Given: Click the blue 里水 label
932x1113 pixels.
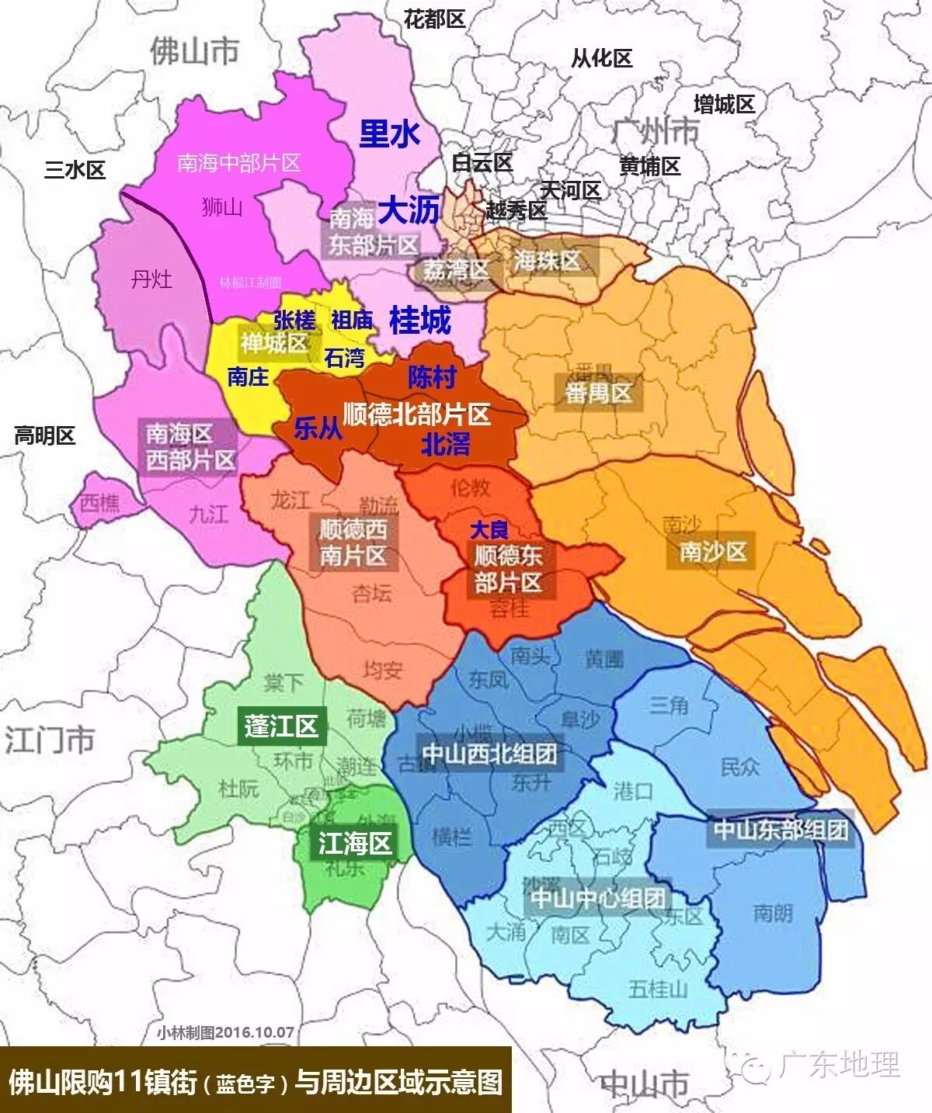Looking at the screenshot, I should [x=389, y=133].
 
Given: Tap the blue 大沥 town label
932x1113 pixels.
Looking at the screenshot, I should [x=409, y=210].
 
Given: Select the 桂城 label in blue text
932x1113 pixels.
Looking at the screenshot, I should [x=419, y=320].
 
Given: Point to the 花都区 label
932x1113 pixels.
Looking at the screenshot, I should [x=434, y=19].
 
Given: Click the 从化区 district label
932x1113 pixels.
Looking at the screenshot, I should [x=602, y=58].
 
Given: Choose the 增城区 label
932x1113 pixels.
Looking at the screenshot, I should [x=724, y=104].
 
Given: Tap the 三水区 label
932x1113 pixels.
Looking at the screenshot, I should [x=75, y=169].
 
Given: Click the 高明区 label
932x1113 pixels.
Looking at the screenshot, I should [x=44, y=435].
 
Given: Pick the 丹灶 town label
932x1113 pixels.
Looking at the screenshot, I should [x=151, y=279].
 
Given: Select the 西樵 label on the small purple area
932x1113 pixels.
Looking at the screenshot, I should [x=99, y=504].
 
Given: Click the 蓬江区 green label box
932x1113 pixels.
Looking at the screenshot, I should [x=281, y=726].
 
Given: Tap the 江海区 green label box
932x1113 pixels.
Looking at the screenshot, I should [x=355, y=843].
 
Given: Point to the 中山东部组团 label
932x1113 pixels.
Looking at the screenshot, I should [x=781, y=830].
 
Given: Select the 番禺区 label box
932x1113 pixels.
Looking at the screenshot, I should [x=598, y=393].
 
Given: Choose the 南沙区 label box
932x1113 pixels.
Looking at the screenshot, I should [x=713, y=552].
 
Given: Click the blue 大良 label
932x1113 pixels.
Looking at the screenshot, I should [x=489, y=530].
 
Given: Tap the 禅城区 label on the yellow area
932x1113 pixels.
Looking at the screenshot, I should [x=274, y=342].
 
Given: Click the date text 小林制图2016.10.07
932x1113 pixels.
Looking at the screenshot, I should [x=225, y=1032].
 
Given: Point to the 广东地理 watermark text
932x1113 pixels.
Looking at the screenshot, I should [x=839, y=1064].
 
